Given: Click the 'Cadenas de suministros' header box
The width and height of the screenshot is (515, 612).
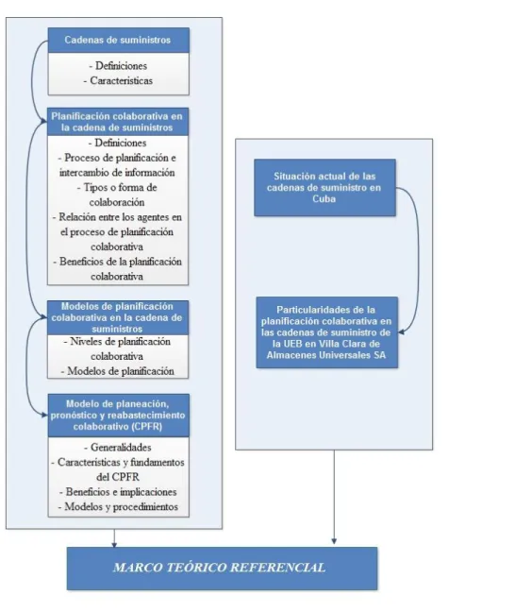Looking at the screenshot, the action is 119,40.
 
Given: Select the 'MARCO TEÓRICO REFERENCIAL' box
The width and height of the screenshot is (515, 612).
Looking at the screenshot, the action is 222,568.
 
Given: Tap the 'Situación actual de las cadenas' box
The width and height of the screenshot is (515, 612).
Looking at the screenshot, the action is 324,187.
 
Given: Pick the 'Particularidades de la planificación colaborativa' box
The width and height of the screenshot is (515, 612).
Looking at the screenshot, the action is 326,332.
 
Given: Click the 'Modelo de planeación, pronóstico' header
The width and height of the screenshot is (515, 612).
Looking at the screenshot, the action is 119,415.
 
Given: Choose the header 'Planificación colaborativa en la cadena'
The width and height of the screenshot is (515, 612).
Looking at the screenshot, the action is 118,122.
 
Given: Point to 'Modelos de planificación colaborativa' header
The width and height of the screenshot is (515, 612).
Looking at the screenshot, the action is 118,317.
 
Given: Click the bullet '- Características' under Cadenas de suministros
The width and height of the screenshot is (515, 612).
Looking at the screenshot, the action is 118,81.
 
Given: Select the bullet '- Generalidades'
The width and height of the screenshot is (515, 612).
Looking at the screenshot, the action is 118,448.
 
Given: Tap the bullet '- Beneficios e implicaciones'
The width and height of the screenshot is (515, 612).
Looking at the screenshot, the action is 118,492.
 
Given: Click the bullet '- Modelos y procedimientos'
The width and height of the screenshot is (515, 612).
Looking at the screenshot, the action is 118,506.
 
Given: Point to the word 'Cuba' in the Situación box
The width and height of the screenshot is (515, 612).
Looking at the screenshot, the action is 324,198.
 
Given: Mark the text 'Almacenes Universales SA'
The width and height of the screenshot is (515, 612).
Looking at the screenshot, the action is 326,355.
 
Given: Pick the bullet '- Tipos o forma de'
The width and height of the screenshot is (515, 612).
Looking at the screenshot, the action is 117,187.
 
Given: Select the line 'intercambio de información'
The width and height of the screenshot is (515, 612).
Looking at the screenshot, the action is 117,173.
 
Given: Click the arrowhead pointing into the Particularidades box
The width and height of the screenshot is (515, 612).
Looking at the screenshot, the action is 401,332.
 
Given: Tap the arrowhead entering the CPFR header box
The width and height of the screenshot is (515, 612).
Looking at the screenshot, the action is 45,415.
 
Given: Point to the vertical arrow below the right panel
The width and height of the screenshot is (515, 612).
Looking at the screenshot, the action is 334,497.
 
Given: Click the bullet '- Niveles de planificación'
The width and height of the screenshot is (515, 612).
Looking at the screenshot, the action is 117,342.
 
